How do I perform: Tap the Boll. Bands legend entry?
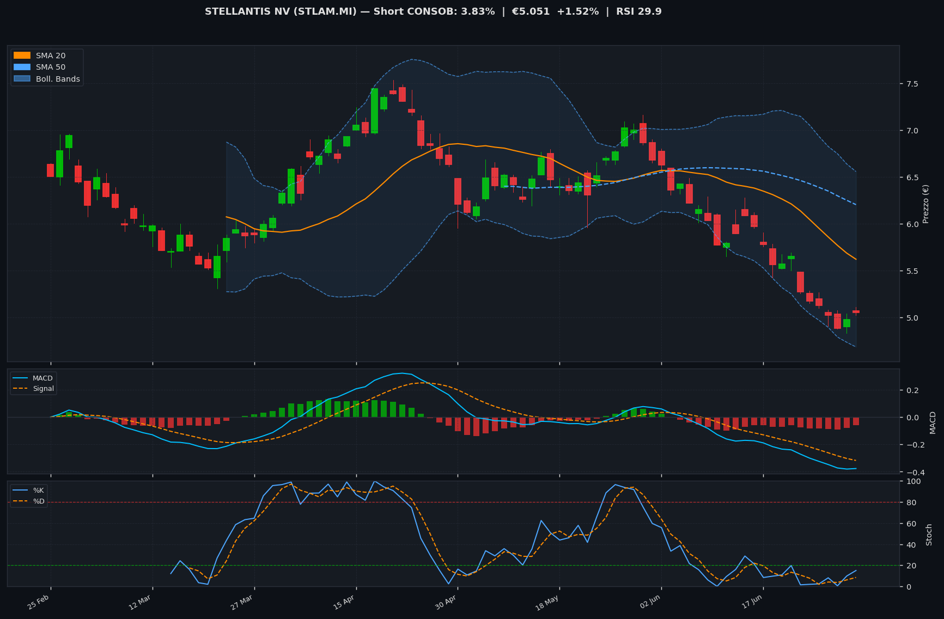[46, 79]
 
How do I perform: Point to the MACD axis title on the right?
[933, 422]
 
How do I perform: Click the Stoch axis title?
[929, 535]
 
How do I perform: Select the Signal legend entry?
[34, 389]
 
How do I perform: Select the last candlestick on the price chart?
[856, 311]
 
